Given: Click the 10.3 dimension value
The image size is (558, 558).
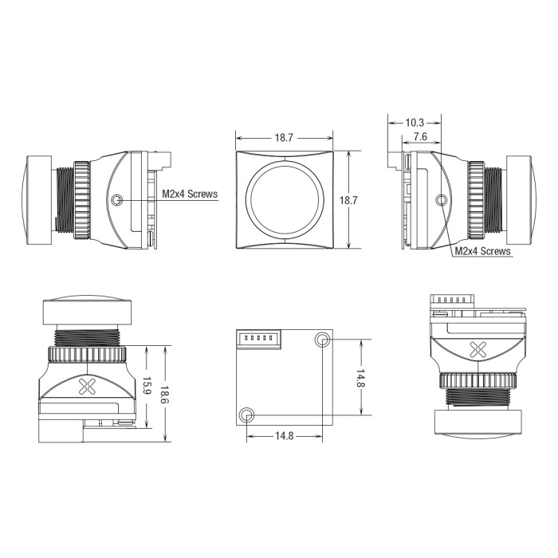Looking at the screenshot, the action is pyautogui.click(x=415, y=123).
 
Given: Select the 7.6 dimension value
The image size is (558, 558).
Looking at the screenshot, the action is pyautogui.click(x=420, y=136).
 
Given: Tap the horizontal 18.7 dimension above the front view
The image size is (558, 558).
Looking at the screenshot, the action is pyautogui.click(x=284, y=138).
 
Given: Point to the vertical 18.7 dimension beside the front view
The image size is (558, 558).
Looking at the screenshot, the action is pyautogui.click(x=348, y=200).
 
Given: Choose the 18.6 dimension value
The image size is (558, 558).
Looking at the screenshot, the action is pyautogui.click(x=165, y=395).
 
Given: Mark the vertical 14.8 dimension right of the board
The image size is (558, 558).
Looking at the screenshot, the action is pyautogui.click(x=361, y=378).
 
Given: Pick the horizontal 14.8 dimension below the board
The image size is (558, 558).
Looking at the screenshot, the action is pyautogui.click(x=284, y=435).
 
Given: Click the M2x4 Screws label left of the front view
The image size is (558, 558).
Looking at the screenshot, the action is pyautogui.click(x=190, y=194).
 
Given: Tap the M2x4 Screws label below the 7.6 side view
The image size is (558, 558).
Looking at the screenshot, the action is pyautogui.click(x=482, y=251).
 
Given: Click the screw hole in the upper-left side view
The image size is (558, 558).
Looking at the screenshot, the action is pyautogui.click(x=116, y=200).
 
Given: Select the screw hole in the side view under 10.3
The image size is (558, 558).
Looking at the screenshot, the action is pyautogui.click(x=442, y=200).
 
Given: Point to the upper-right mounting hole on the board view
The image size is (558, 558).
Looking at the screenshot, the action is pyautogui.click(x=323, y=340).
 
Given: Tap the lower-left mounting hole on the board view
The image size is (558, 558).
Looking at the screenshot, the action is pyautogui.click(x=246, y=415).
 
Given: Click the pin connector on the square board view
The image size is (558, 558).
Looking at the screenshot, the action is pyautogui.click(x=259, y=339).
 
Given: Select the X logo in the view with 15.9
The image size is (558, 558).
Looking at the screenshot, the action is pyautogui.click(x=87, y=387).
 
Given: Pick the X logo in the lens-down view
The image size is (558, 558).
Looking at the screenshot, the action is pyautogui.click(x=478, y=350).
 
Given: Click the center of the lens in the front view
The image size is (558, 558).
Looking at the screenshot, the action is pyautogui.click(x=284, y=199).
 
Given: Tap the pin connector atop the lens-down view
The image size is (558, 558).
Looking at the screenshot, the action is pyautogui.click(x=452, y=301).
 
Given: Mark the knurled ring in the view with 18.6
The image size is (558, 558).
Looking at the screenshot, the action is pyautogui.click(x=87, y=355).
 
